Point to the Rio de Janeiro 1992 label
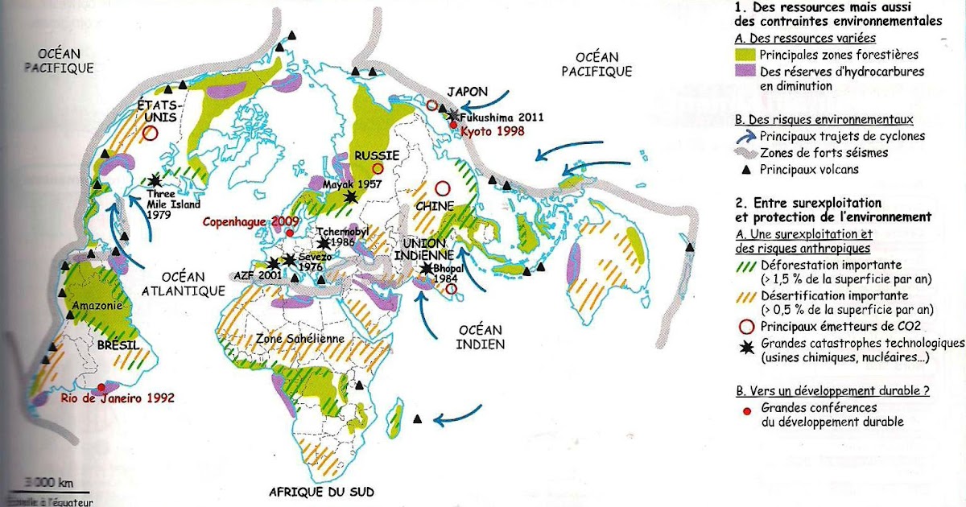117,398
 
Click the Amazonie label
94,306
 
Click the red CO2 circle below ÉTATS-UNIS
149,134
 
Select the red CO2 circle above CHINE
442,189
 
